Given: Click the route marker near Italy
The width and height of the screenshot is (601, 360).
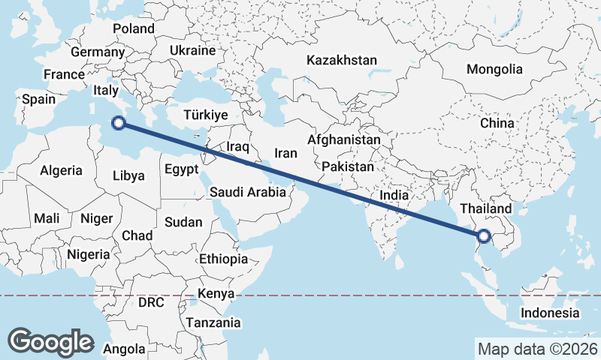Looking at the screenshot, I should [117, 124].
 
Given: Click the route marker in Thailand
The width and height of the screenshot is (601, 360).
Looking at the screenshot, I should [483, 237].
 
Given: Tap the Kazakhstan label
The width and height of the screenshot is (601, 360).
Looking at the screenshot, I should [341, 60].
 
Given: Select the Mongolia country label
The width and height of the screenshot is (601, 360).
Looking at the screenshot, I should [494, 70].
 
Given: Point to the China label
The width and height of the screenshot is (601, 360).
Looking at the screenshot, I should [497, 123].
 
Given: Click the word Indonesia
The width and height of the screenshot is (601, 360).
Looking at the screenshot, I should [551, 313].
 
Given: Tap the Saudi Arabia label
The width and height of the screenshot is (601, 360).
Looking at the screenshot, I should [247, 192].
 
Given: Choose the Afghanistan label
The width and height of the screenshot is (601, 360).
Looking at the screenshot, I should [343, 139].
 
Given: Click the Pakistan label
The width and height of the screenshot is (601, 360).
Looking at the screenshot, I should [346, 166].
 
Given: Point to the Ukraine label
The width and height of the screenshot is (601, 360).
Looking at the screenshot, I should [192, 50].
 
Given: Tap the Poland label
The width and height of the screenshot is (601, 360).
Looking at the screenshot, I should [134, 29].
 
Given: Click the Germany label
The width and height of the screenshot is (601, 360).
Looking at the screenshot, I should [97, 52].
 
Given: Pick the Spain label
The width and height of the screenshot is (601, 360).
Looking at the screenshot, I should [39, 99].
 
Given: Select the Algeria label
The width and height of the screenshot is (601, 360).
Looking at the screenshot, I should [61, 170].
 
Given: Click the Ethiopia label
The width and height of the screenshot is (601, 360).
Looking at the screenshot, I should [223, 259].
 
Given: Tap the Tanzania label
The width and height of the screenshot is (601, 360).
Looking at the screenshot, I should [216, 323].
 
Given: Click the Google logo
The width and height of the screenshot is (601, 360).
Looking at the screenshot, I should [51, 341].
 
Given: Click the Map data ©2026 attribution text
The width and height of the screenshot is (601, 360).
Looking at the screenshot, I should [537, 349].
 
